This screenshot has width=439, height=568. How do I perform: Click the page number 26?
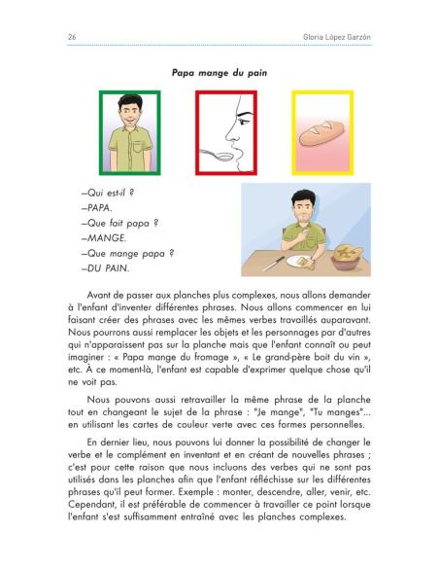[46, 36]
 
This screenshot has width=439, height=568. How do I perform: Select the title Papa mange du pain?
[219, 71]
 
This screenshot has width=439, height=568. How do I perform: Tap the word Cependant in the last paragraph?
[97, 520]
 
